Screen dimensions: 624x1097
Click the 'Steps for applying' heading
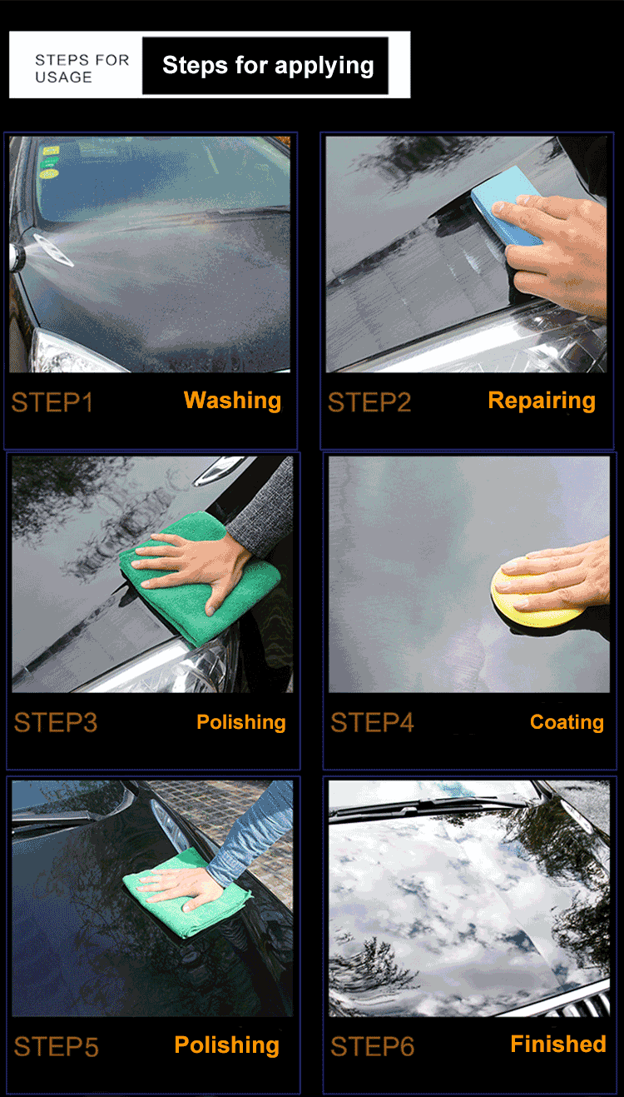point(268,66)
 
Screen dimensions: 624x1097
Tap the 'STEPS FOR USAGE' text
point(82,68)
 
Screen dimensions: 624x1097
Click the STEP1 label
point(52,402)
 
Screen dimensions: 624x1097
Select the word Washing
point(232,401)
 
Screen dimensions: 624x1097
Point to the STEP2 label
point(369,402)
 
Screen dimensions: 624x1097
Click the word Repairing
point(542,401)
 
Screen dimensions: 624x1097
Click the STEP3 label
point(55,722)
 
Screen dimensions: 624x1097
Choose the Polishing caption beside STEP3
point(241,722)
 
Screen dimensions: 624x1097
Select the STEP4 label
point(372,722)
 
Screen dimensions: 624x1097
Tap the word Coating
point(567,722)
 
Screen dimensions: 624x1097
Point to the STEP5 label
point(57,1047)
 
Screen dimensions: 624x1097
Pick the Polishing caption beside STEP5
point(227,1045)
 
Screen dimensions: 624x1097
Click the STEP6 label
point(372,1047)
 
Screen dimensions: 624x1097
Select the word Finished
point(558,1044)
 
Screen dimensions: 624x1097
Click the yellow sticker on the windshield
point(50,174)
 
